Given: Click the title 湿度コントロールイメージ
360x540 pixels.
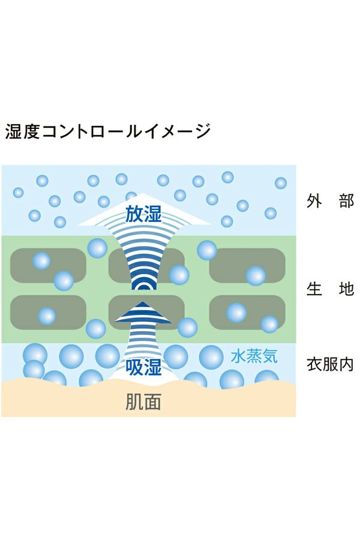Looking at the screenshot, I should tap(108, 131).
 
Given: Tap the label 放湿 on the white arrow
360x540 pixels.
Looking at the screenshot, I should tap(143, 214).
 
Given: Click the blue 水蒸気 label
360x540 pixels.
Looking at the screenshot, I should tap(254, 356).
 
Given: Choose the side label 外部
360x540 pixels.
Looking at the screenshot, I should tap(329, 200).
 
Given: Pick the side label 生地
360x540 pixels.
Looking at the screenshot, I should tap(329, 290).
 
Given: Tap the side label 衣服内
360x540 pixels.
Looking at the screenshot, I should tap(329, 364).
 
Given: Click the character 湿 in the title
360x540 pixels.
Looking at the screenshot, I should tap(14, 131).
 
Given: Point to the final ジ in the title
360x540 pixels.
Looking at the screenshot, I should tap(202, 131).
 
